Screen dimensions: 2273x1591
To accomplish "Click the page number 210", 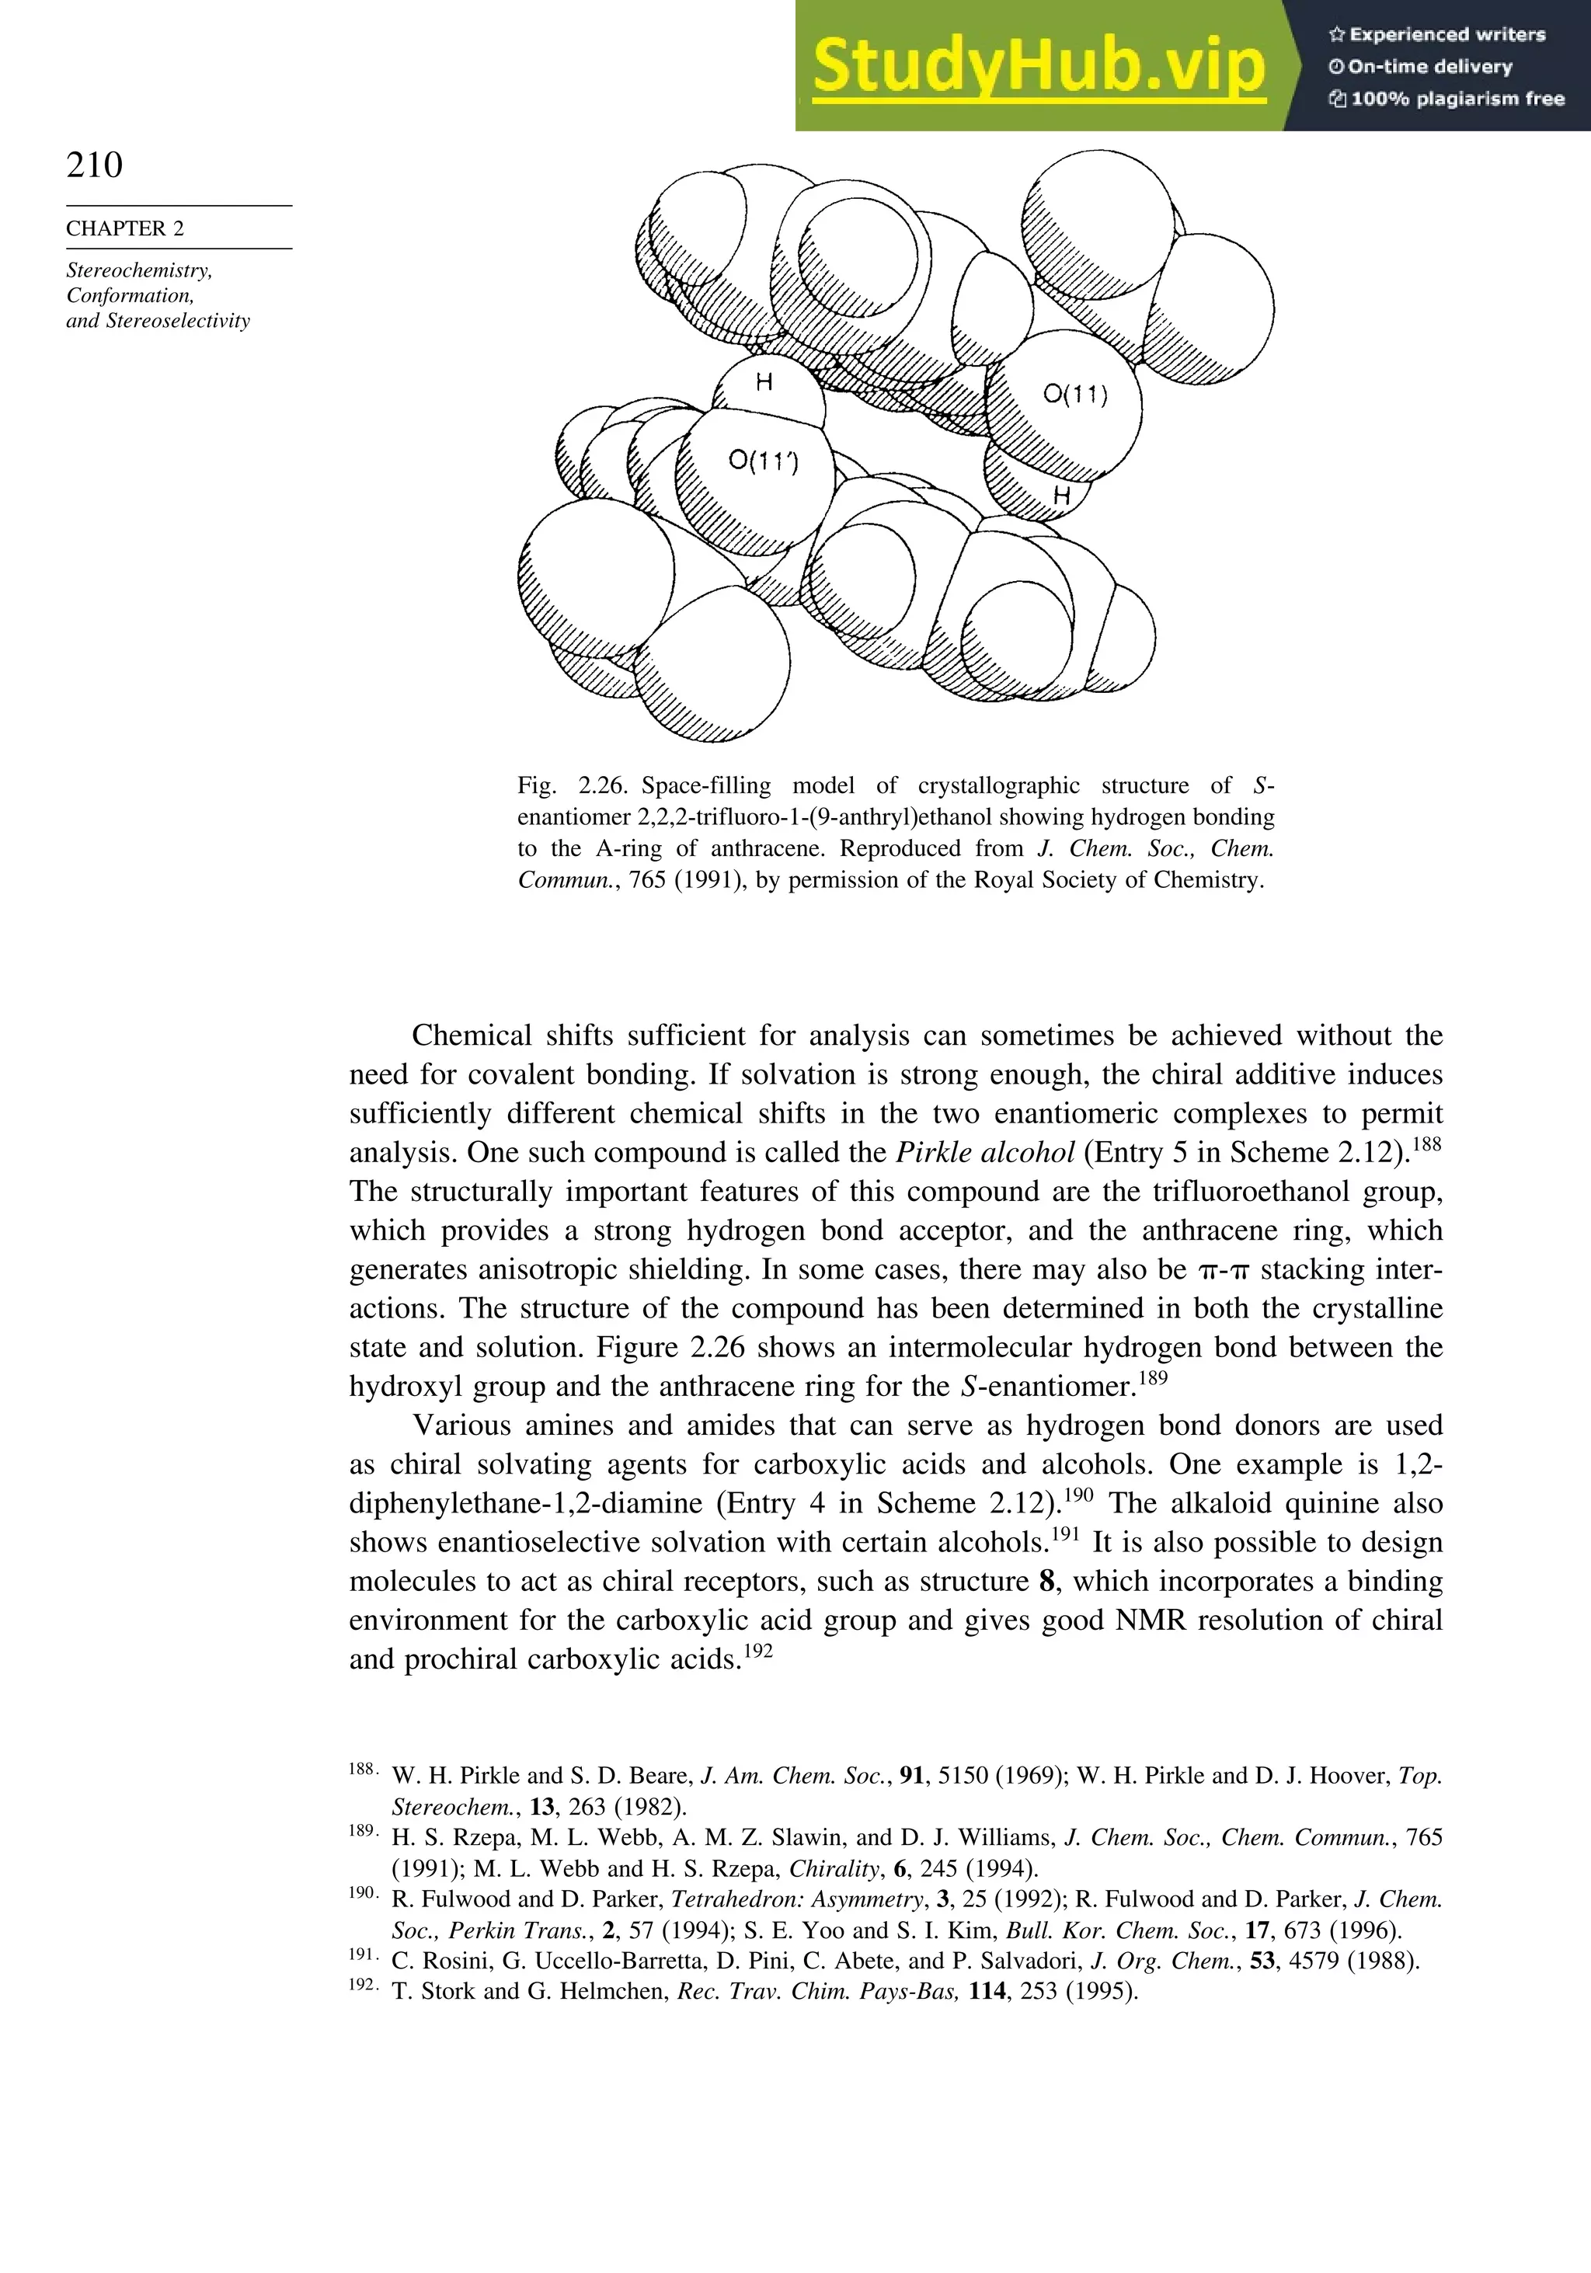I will pyautogui.click(x=95, y=165).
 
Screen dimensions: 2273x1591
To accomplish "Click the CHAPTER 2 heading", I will pyautogui.click(x=125, y=228).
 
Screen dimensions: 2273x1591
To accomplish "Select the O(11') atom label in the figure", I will pyautogui.click(x=764, y=461).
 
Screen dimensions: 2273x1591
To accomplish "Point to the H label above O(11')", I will pyautogui.click(x=764, y=382).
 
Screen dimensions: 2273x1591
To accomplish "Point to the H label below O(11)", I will pyautogui.click(x=1061, y=495).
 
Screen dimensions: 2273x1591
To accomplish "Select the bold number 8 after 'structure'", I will pyautogui.click(x=1046, y=1581).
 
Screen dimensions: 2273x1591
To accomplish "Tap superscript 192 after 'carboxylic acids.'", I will pyautogui.click(x=757, y=1650).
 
